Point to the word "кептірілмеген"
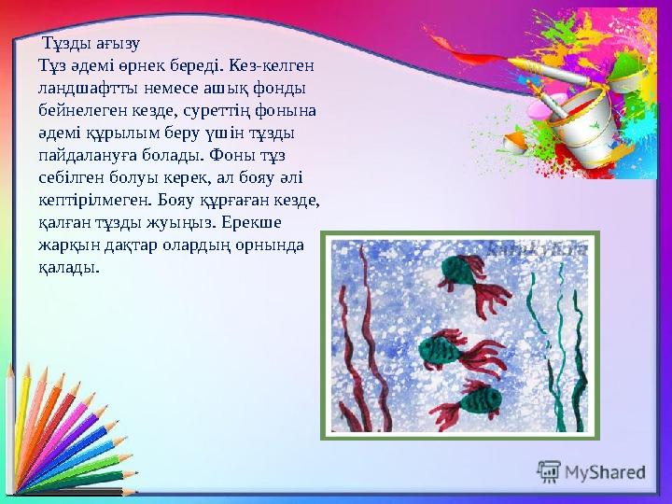[91, 200]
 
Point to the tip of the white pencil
[12, 367]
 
